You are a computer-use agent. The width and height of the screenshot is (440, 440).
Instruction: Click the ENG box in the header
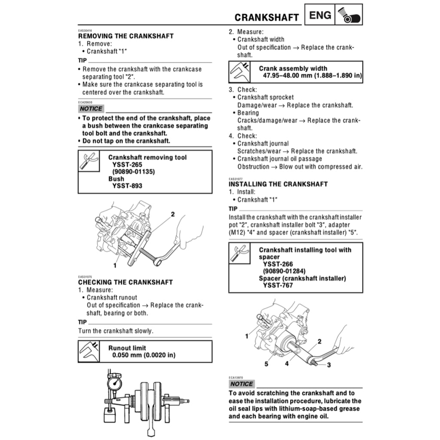coord(320,16)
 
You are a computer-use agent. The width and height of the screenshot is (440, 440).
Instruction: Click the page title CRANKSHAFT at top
coord(266,18)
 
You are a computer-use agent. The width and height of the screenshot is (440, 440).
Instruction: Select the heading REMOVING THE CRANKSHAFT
coord(126,36)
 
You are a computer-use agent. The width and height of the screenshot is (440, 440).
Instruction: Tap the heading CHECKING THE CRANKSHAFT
coord(125,282)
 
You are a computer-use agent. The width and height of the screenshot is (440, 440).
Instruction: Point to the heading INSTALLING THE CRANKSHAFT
coord(278,184)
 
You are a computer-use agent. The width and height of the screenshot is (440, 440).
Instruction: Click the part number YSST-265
coord(127,165)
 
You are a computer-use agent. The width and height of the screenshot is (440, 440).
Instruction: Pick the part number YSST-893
coord(127,186)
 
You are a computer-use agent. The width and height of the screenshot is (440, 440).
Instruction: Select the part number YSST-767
coord(278,285)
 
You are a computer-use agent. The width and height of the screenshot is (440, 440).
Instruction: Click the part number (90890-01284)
coord(287,271)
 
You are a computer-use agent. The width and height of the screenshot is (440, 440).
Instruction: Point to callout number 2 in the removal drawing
coord(173,214)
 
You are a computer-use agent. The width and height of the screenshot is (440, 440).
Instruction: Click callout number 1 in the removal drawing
coord(115,266)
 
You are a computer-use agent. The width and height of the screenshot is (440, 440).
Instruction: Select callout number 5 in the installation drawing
coord(266,364)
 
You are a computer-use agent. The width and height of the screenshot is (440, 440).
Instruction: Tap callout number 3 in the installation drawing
coord(329,365)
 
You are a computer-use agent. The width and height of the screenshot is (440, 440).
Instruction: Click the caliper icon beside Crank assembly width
coord(240,72)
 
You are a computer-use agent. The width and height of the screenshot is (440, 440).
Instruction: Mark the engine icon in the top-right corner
coord(349,16)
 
